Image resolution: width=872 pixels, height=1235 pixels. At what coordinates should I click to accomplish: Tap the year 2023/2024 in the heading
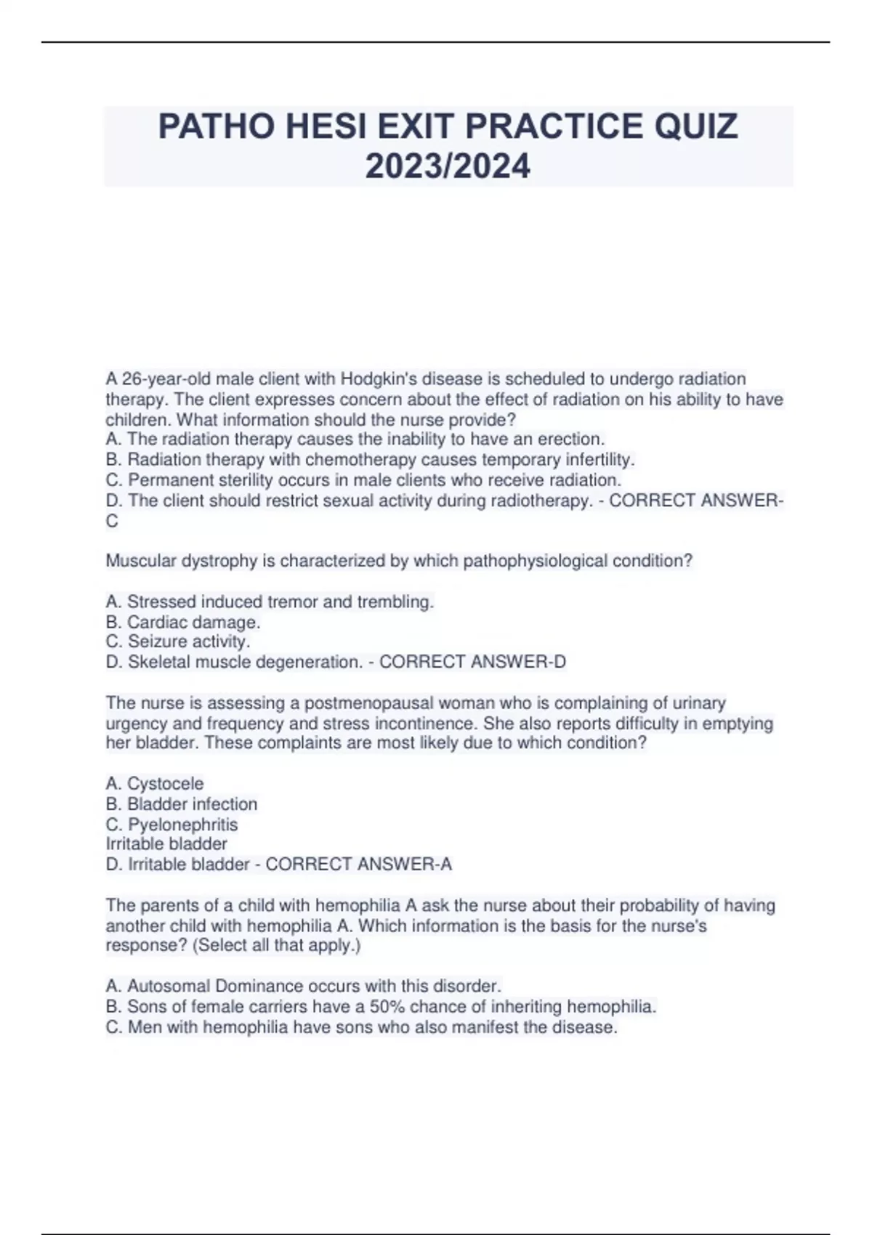point(448,166)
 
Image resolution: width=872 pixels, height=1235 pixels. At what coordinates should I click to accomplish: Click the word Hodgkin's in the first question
point(376,378)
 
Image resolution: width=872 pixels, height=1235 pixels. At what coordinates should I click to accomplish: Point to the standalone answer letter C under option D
point(112,521)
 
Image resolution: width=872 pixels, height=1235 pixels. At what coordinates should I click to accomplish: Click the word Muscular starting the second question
point(138,561)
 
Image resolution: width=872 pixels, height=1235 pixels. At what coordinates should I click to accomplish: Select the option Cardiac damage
point(183,623)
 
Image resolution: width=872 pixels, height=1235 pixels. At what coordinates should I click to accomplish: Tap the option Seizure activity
point(178,642)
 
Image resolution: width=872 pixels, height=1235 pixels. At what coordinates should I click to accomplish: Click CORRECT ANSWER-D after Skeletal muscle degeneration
point(472,662)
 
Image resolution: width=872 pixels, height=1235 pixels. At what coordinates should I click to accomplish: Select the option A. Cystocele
point(155,784)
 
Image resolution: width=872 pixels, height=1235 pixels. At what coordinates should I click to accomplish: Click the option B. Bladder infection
point(182,804)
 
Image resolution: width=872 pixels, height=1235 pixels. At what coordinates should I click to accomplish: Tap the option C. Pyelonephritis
point(172,825)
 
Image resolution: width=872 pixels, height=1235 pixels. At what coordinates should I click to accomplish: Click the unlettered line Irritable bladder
point(166,844)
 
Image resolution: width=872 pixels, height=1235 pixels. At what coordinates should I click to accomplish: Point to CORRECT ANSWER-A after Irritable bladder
point(358,864)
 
